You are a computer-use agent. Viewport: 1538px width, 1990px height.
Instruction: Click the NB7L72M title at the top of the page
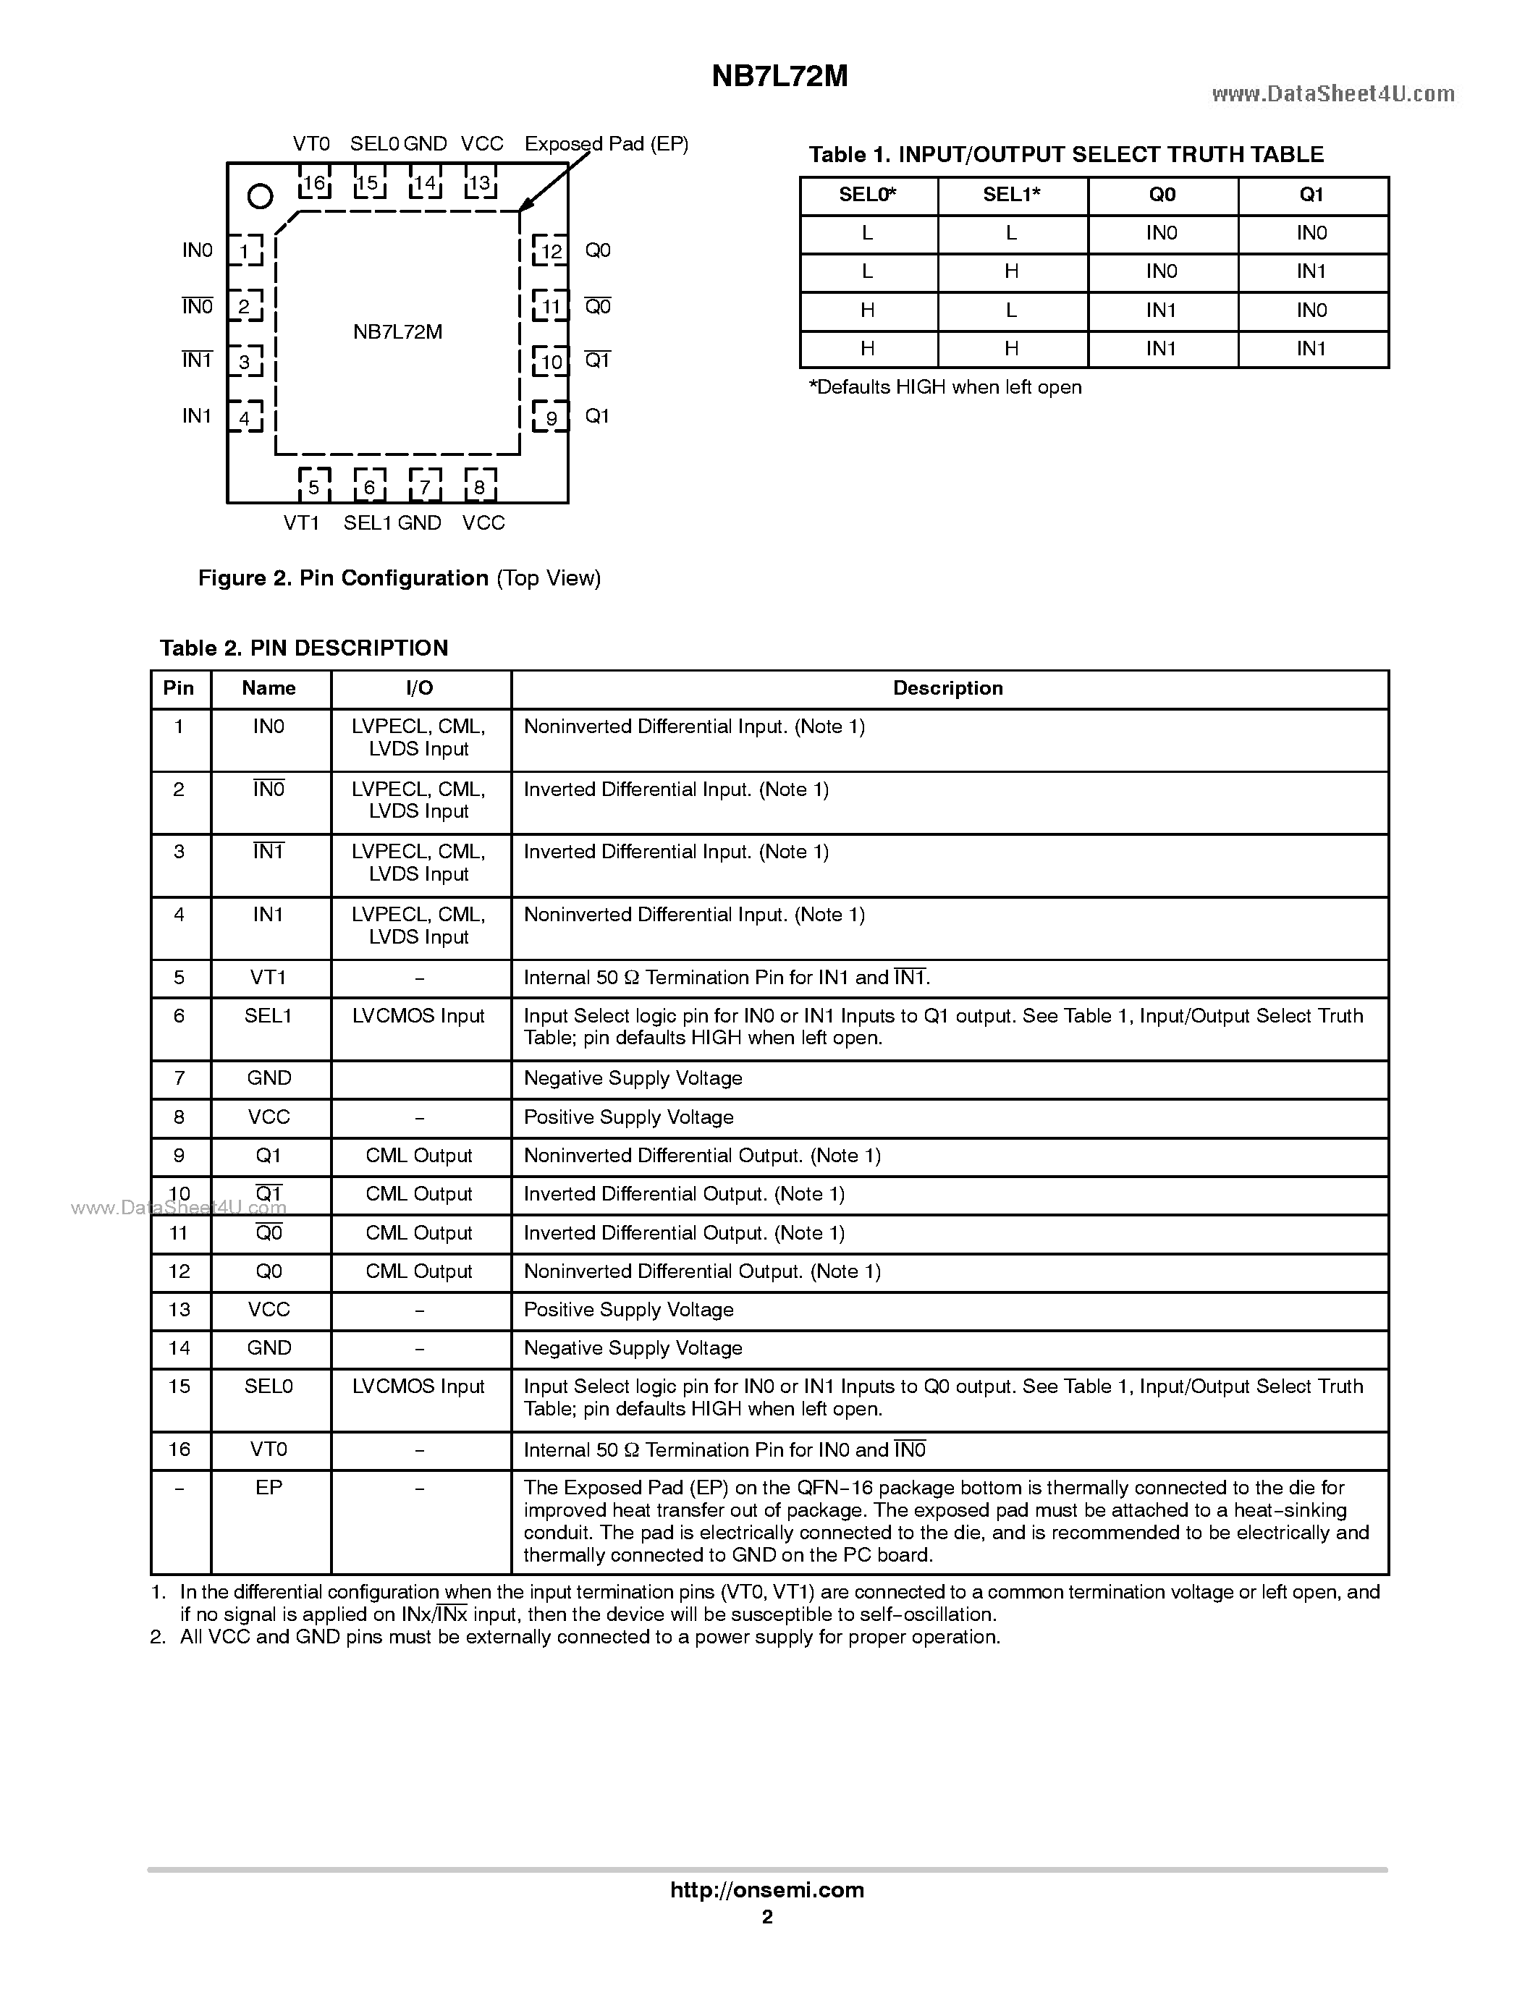[779, 77]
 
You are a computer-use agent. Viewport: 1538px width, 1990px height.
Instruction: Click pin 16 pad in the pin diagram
[313, 183]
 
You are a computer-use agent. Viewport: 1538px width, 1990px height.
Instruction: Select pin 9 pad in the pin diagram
[550, 418]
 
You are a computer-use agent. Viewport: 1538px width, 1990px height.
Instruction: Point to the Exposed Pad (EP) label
[606, 144]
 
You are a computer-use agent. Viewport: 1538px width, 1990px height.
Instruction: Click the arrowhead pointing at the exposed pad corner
[525, 206]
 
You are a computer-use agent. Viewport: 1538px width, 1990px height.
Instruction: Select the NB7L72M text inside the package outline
[397, 331]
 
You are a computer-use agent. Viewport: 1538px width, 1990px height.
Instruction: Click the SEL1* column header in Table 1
[1011, 195]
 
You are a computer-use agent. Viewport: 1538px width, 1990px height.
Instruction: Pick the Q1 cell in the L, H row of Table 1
[1311, 271]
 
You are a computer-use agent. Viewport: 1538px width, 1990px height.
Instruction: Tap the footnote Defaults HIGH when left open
[945, 387]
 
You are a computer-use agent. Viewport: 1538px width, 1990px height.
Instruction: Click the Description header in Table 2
[947, 689]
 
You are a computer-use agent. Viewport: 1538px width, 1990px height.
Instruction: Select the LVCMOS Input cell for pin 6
[418, 1016]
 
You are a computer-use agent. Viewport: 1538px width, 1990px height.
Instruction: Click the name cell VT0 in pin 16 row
[269, 1449]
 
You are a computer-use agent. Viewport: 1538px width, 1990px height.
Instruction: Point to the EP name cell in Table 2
[269, 1488]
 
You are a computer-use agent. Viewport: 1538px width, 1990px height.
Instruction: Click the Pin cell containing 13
[179, 1311]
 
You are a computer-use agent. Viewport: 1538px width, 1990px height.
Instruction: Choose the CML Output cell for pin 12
[418, 1272]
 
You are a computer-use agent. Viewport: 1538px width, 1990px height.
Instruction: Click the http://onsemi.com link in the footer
[766, 1889]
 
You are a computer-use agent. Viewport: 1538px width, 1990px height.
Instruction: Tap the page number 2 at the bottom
[767, 1917]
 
